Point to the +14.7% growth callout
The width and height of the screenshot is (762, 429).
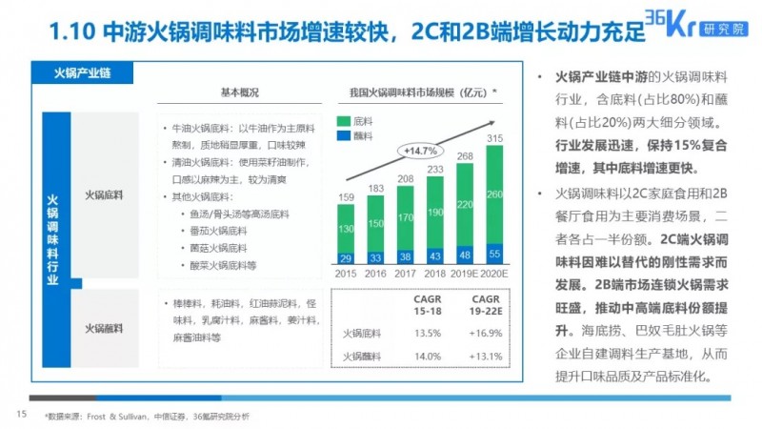[419, 151]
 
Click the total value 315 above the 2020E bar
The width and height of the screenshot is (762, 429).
[493, 139]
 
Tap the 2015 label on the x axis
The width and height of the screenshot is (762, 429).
[346, 273]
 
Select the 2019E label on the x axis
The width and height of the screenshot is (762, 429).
[464, 273]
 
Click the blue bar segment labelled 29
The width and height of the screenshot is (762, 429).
[346, 258]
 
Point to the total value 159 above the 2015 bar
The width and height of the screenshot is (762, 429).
[346, 197]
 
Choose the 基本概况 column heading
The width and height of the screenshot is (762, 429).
[241, 92]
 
